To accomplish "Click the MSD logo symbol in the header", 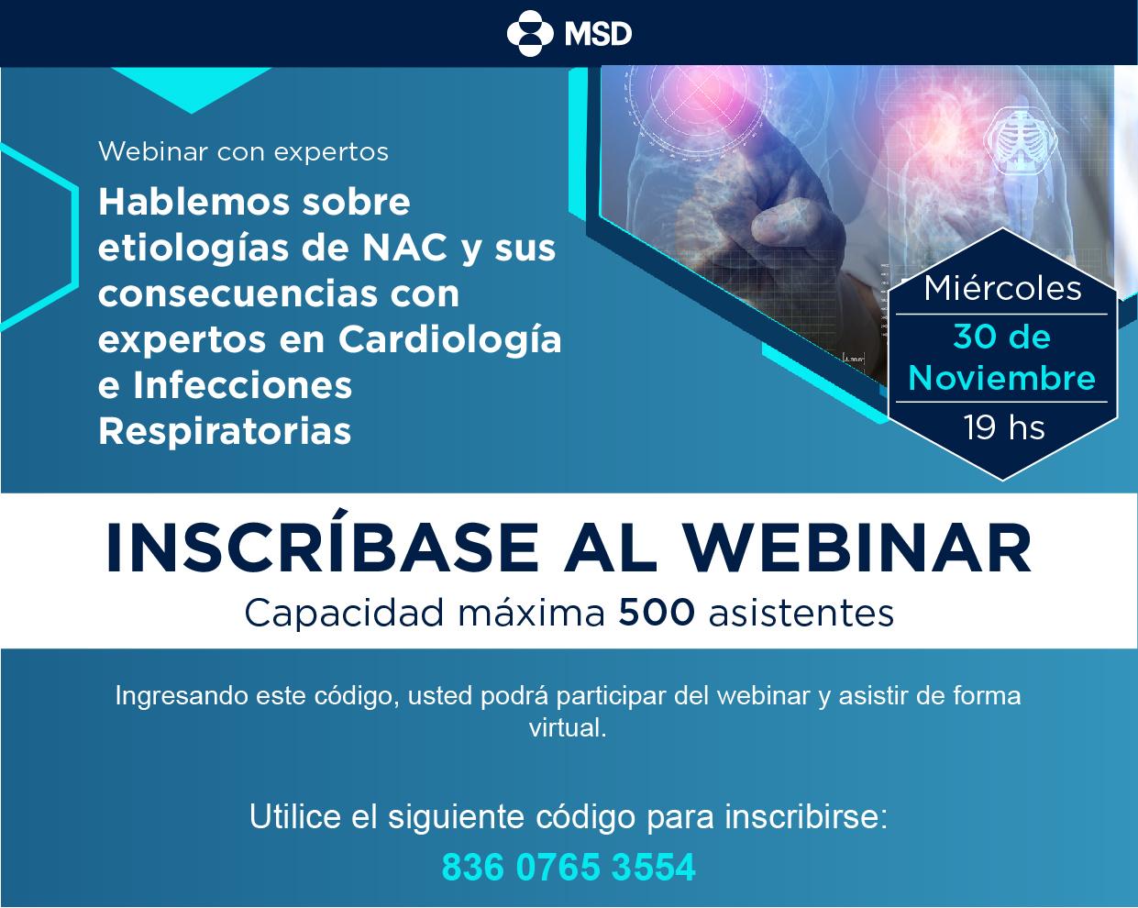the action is click(x=530, y=33).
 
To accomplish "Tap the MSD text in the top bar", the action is click(x=598, y=34).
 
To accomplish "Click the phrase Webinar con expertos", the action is click(x=243, y=151).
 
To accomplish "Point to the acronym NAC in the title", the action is click(x=404, y=248).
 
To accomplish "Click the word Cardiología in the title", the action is click(x=449, y=340).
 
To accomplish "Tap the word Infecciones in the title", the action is click(x=242, y=385).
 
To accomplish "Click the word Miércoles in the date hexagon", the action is click(x=1002, y=288).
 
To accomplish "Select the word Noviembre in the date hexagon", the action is click(x=1001, y=379).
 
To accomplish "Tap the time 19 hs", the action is click(x=1004, y=427).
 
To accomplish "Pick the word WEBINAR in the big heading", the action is click(x=856, y=548).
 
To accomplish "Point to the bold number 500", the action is click(x=657, y=613).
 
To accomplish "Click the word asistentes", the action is click(x=801, y=614).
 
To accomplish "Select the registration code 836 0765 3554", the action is click(x=569, y=867).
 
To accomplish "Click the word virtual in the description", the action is click(x=568, y=727).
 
